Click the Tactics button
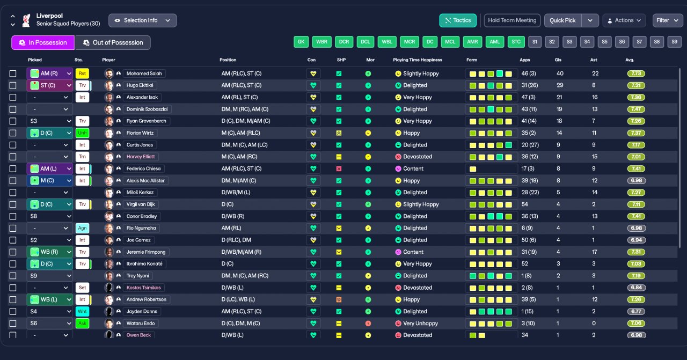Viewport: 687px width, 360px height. [x=457, y=20]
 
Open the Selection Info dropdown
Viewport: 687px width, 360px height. [x=142, y=20]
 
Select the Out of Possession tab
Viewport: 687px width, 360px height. [x=113, y=43]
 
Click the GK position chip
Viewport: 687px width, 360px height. [x=301, y=42]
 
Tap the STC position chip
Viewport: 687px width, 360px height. [x=516, y=42]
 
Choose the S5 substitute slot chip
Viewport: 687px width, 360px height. [x=605, y=42]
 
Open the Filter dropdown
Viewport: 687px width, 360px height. [x=667, y=20]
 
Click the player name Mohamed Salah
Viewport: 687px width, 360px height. [x=144, y=74]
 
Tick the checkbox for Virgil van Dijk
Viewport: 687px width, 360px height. [x=13, y=204]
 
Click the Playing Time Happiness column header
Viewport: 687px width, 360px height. [x=417, y=60]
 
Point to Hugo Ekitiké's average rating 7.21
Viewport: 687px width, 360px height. [x=636, y=85]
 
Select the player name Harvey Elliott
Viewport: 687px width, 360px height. [x=141, y=157]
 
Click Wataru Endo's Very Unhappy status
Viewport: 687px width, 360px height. [x=420, y=324]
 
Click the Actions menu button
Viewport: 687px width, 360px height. [x=624, y=20]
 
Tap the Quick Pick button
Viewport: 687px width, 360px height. [x=562, y=20]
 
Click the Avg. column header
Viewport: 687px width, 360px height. [x=630, y=60]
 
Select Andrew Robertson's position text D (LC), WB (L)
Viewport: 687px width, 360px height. [x=246, y=299]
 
